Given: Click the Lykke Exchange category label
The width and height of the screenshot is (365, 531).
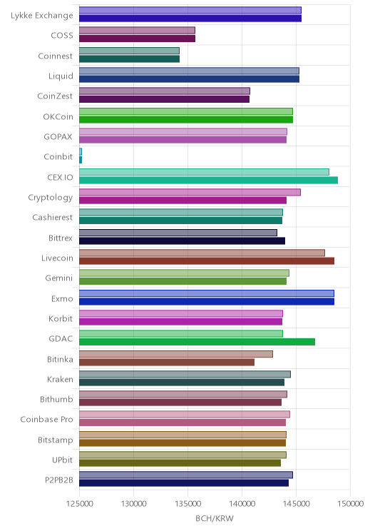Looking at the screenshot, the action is pos(41,16).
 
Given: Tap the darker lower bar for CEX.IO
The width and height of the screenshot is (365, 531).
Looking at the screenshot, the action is pos(208,180).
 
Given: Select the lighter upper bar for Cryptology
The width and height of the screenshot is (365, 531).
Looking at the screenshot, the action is pos(190,193).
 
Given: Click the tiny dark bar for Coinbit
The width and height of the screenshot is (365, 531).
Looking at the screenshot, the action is pos(81,160).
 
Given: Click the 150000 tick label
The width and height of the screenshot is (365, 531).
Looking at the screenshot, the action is pos(351,504).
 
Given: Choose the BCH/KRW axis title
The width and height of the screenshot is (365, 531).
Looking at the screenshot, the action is pos(215,518).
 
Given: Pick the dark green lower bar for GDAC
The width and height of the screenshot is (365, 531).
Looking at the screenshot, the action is pos(197,342).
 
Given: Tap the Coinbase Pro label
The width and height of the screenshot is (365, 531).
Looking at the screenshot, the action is pos(46,419).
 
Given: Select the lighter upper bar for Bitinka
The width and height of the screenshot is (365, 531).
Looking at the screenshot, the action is pos(176,354).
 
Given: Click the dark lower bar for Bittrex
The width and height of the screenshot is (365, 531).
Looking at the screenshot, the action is pos(182,241).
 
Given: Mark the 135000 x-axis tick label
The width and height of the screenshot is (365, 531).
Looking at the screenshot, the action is pos(188,504).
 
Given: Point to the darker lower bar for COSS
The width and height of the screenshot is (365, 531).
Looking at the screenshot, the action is pos(137,39).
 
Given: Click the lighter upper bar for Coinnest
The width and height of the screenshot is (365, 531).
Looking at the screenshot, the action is pos(129,51).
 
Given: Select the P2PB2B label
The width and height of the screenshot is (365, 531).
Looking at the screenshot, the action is pos(59,480).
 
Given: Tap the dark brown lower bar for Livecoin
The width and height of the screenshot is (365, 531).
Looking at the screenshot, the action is pos(207,261).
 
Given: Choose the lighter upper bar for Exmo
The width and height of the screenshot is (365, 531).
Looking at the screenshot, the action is pos(207,293).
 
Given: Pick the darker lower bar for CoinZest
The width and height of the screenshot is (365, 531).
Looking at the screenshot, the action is pos(165,99).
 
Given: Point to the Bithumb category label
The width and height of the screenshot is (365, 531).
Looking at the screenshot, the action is pos(56,399).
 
